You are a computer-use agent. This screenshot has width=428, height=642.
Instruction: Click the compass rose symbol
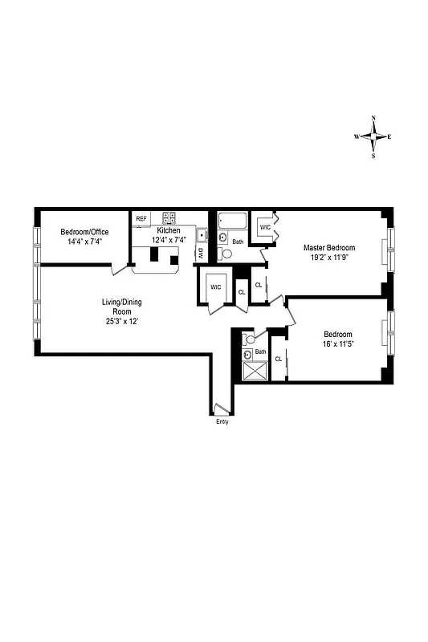coord(373,136)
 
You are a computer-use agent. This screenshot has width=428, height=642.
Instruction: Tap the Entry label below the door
coord(222,422)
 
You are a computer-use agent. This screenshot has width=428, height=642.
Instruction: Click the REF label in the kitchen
coord(141,218)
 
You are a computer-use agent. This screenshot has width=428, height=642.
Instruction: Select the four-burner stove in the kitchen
coord(169,217)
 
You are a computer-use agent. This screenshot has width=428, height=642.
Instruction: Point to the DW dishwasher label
coord(200,253)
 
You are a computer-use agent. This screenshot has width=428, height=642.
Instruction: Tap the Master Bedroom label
coord(328,248)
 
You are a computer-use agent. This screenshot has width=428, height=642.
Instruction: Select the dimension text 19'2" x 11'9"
coord(328,258)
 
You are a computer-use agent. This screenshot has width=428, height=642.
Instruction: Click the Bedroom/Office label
coord(84,232)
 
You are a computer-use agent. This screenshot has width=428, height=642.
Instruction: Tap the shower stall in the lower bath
coord(255,372)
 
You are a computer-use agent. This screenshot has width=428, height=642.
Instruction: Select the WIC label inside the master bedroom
coord(264,228)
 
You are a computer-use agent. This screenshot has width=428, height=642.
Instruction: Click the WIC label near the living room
coord(215,286)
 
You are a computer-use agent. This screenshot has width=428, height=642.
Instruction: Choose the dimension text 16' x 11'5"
coord(339,345)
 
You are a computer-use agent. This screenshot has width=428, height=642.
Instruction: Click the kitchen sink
coord(201,236)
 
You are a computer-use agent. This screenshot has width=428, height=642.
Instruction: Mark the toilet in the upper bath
coord(226,253)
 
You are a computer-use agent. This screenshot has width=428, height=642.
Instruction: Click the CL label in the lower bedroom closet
coord(278,359)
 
